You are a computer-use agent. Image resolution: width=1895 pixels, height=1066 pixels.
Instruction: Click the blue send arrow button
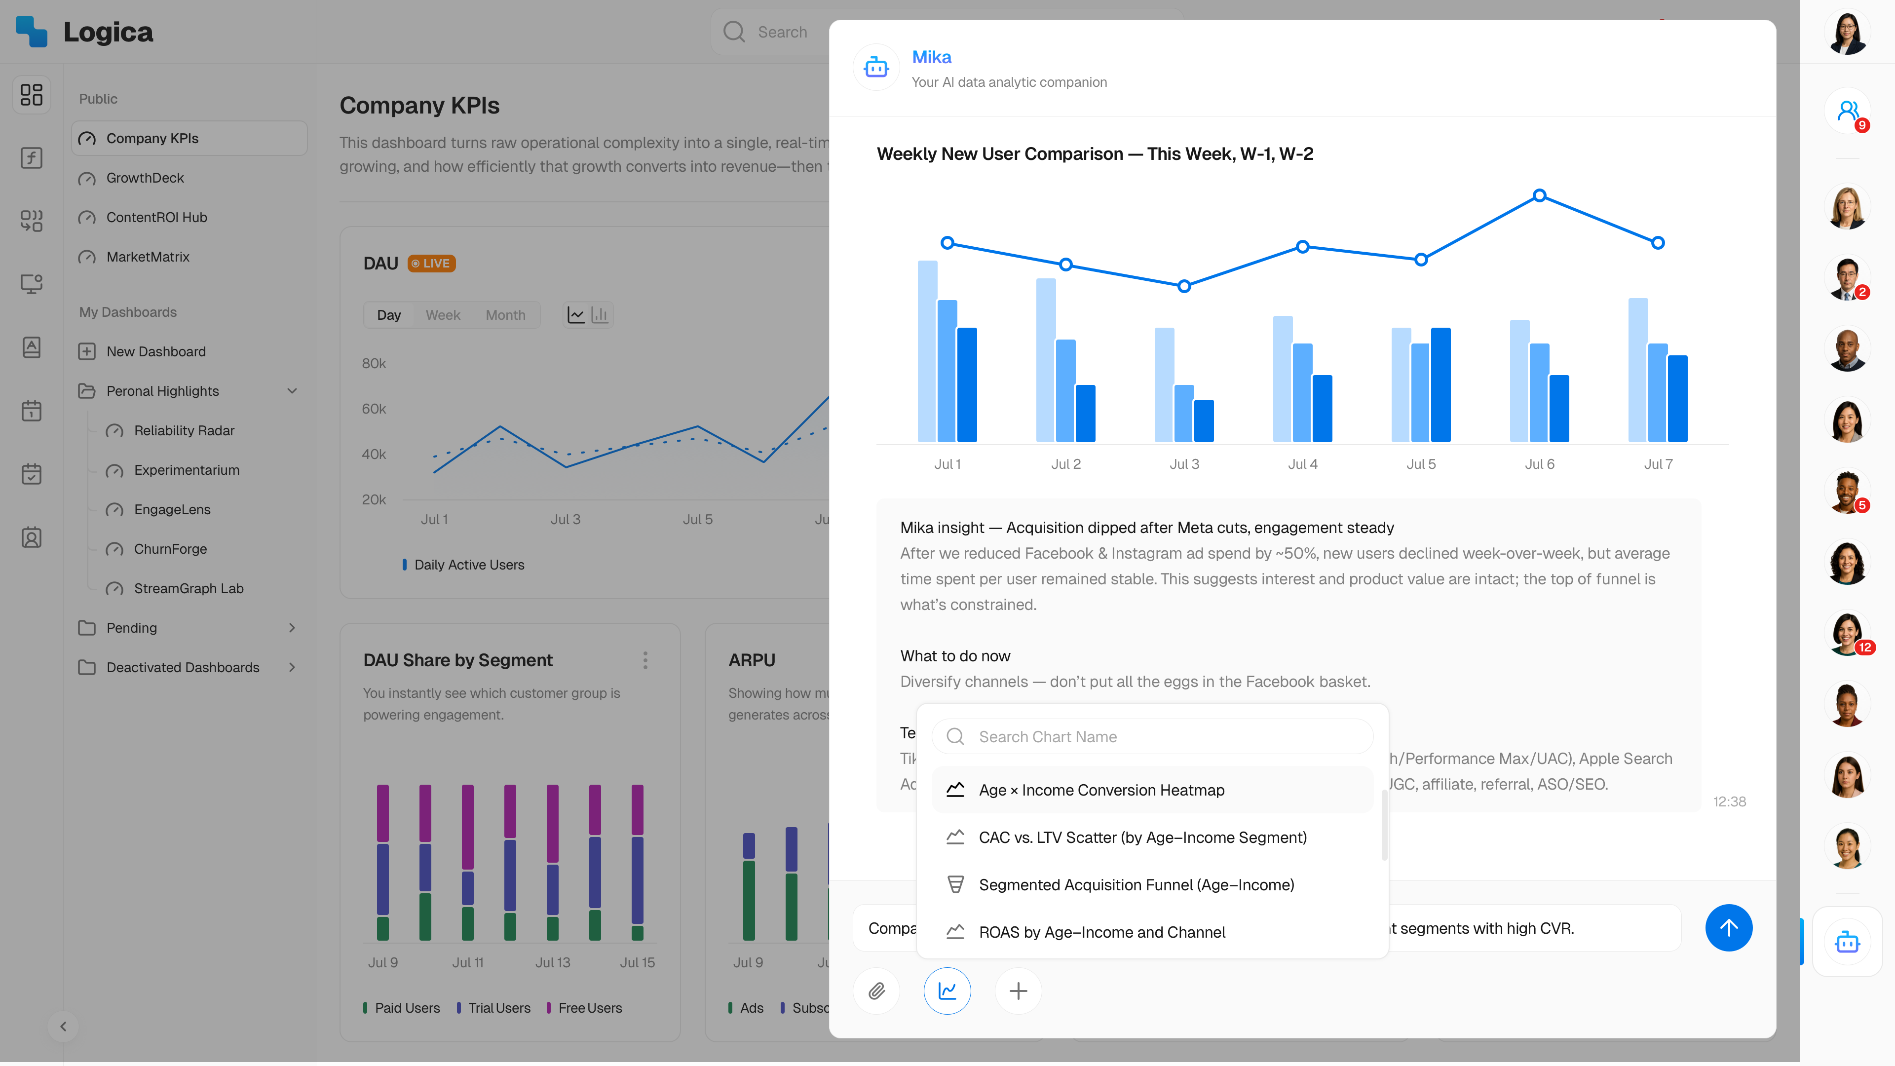1728,928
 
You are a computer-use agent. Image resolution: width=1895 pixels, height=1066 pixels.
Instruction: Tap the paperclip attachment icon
876,991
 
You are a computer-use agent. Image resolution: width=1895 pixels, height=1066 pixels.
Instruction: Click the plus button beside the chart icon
1018,991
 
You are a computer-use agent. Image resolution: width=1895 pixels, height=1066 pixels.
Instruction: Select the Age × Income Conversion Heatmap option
1101,790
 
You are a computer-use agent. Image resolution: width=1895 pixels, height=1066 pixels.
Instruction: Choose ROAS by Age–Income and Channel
1101,932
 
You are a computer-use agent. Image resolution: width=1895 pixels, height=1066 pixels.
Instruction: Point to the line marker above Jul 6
1539,196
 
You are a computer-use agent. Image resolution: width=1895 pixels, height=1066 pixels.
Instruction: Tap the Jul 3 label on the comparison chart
1184,464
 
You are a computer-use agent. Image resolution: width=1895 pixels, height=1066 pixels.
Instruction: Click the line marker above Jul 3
1184,286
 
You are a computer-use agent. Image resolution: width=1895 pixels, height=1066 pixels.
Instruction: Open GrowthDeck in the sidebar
145,178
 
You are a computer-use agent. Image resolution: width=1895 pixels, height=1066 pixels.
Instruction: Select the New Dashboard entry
156,352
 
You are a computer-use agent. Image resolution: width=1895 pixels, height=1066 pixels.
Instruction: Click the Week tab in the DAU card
442,315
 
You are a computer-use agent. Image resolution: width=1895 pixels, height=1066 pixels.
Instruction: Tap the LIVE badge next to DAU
431,264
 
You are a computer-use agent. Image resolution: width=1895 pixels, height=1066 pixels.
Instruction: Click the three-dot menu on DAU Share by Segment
645,660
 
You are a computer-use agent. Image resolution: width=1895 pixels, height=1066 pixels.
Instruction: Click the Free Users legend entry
589,1008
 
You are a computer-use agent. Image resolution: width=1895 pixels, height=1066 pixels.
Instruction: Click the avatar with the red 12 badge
1847,633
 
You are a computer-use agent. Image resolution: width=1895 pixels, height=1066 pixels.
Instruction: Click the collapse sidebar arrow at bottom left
63,1027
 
